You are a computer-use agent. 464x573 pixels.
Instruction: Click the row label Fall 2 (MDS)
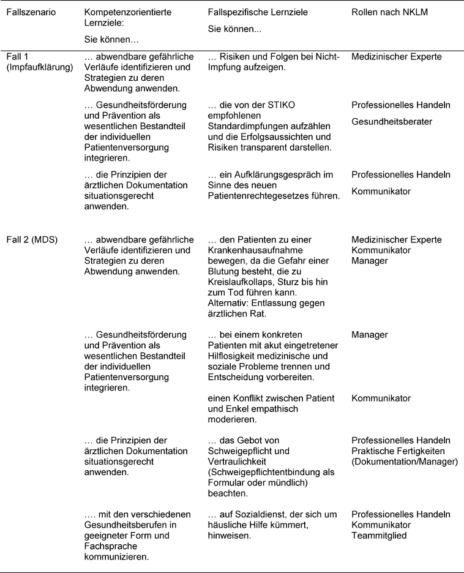32,239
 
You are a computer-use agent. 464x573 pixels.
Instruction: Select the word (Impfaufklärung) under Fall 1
40,67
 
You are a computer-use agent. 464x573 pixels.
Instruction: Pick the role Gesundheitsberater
391,121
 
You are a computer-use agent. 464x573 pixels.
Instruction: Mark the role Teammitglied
380,535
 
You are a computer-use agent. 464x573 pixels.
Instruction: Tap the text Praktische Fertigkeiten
401,452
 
